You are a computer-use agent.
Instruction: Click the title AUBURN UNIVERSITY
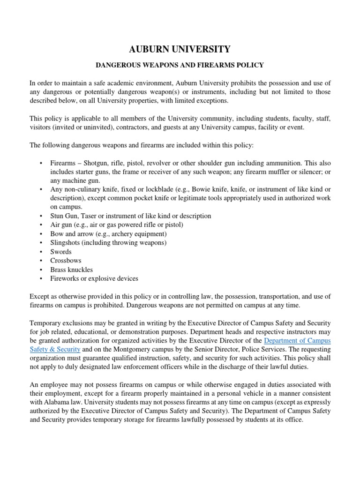coord(180,49)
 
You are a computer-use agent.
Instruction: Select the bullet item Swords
coord(61,252)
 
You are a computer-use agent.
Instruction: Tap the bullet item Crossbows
coord(66,261)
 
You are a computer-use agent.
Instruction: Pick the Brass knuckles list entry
coord(72,270)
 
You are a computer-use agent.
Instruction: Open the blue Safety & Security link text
coord(55,350)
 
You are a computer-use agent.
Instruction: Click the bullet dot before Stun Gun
coord(41,216)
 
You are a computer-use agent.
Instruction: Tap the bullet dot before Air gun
coord(41,225)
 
